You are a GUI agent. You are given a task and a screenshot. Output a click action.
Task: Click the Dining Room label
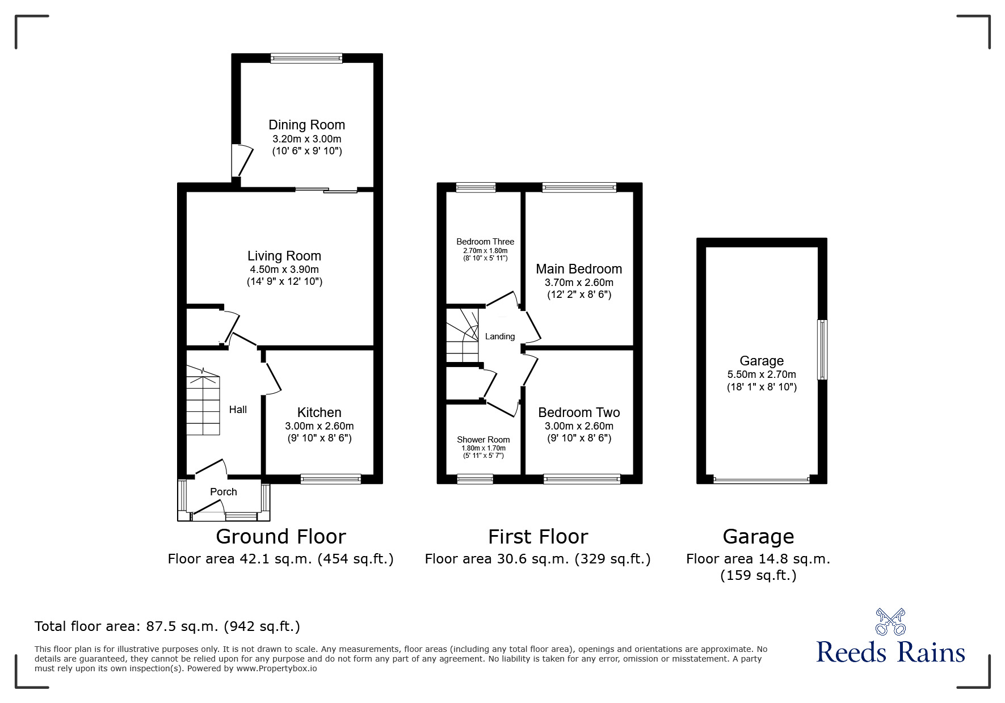pyautogui.click(x=306, y=125)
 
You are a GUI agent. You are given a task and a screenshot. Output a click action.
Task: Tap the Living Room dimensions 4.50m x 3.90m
pyautogui.click(x=284, y=270)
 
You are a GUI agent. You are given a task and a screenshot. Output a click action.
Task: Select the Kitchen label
pyautogui.click(x=319, y=412)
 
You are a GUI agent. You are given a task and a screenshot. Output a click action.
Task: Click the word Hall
pyautogui.click(x=238, y=410)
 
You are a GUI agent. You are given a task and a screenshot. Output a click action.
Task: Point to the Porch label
pyautogui.click(x=224, y=492)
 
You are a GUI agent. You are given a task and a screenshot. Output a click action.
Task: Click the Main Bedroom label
pyautogui.click(x=579, y=269)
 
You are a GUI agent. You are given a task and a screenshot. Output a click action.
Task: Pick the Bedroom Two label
pyautogui.click(x=579, y=412)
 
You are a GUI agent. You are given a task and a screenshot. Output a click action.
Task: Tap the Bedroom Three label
pyautogui.click(x=485, y=242)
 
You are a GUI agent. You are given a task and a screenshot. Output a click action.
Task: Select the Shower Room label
pyautogui.click(x=483, y=440)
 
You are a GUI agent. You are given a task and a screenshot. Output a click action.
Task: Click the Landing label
pyautogui.click(x=500, y=336)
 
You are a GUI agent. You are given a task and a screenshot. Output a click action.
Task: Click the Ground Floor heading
pyautogui.click(x=281, y=536)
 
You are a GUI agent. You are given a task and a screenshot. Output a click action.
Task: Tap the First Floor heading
pyautogui.click(x=538, y=536)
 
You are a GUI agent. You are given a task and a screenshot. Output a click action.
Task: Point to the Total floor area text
pyautogui.click(x=167, y=626)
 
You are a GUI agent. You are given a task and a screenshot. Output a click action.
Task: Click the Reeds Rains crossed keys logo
pyautogui.click(x=890, y=622)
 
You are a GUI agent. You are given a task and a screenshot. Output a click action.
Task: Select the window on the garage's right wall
pyautogui.click(x=822, y=350)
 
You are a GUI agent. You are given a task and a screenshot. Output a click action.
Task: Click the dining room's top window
pyautogui.click(x=306, y=58)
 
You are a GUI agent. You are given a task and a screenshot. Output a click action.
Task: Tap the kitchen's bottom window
pyautogui.click(x=331, y=479)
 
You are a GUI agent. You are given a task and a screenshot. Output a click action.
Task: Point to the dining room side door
pyautogui.click(x=241, y=161)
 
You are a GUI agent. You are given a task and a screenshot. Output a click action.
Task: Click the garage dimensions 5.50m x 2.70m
pyautogui.click(x=762, y=374)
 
